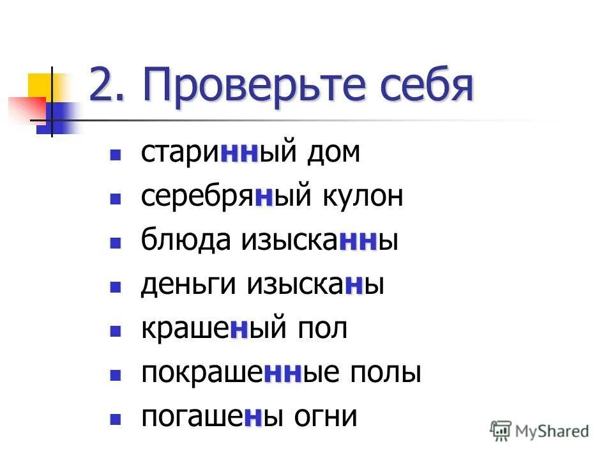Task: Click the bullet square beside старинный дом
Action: [x=116, y=155]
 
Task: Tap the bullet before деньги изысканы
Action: [x=116, y=287]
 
